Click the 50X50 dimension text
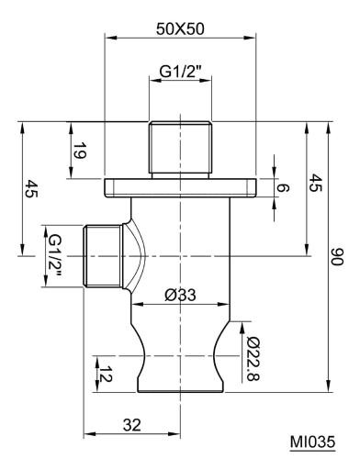[x=180, y=29]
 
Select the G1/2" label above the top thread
[x=180, y=72]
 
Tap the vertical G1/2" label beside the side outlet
[x=54, y=256]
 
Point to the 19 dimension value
[x=79, y=151]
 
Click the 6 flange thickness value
[x=282, y=187]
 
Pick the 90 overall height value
[x=338, y=257]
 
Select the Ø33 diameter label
[x=180, y=296]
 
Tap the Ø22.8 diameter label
[x=253, y=359]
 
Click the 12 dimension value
[x=105, y=374]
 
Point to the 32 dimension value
[x=132, y=425]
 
